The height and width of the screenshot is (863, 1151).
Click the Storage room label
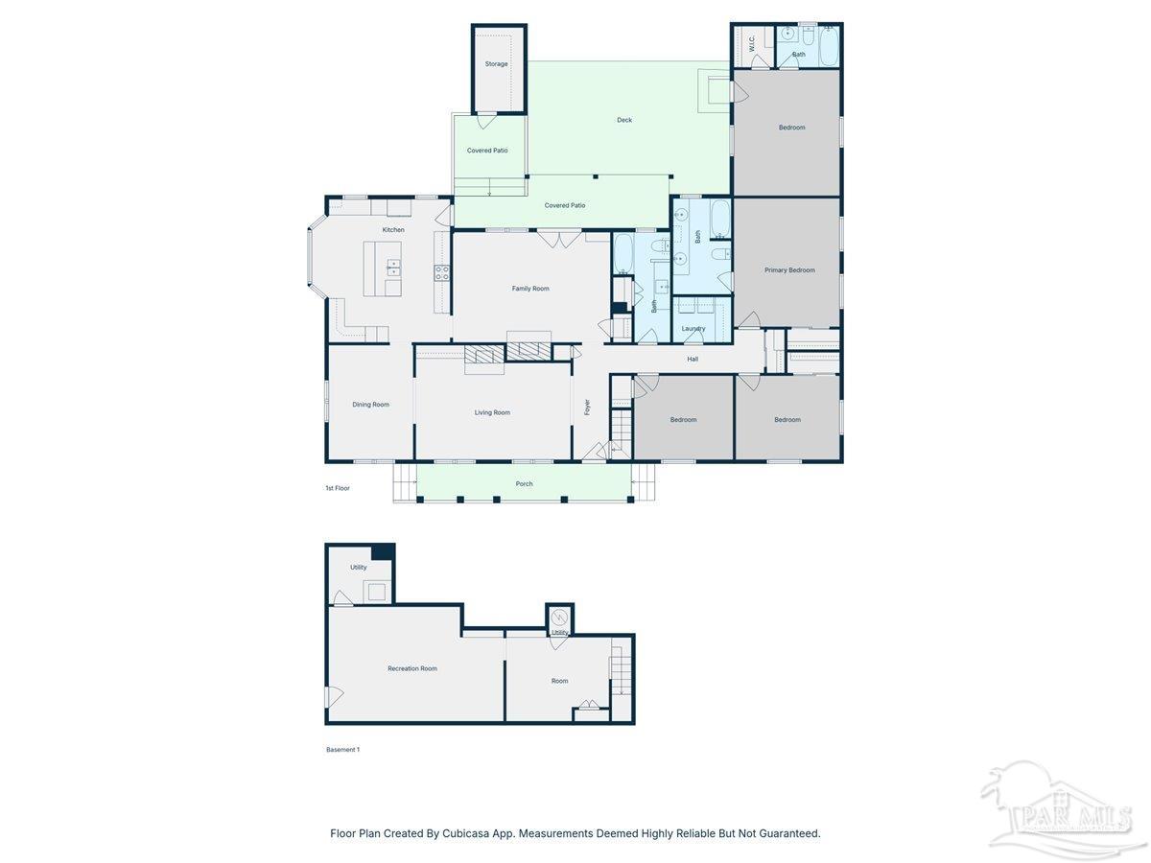point(496,64)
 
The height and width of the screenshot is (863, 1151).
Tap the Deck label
point(624,120)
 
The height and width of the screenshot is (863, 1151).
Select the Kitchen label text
point(393,230)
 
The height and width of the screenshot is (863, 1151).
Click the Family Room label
point(530,289)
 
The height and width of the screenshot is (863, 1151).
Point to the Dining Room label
point(370,405)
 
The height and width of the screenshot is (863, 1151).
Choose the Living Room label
point(492,412)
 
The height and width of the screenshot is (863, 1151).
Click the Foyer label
point(588,408)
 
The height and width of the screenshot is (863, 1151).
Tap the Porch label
point(524,484)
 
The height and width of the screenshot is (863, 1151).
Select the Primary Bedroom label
point(789,270)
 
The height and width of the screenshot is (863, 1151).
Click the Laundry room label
point(693,329)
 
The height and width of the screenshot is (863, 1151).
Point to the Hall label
point(693,360)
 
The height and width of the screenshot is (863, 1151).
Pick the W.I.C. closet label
point(752,43)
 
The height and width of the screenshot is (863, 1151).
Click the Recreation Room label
point(412,668)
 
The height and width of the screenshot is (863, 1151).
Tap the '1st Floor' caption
point(338,488)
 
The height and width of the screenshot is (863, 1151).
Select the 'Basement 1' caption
point(342,750)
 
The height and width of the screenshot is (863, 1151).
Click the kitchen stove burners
point(442,272)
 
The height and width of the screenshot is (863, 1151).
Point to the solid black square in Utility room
point(383,551)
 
